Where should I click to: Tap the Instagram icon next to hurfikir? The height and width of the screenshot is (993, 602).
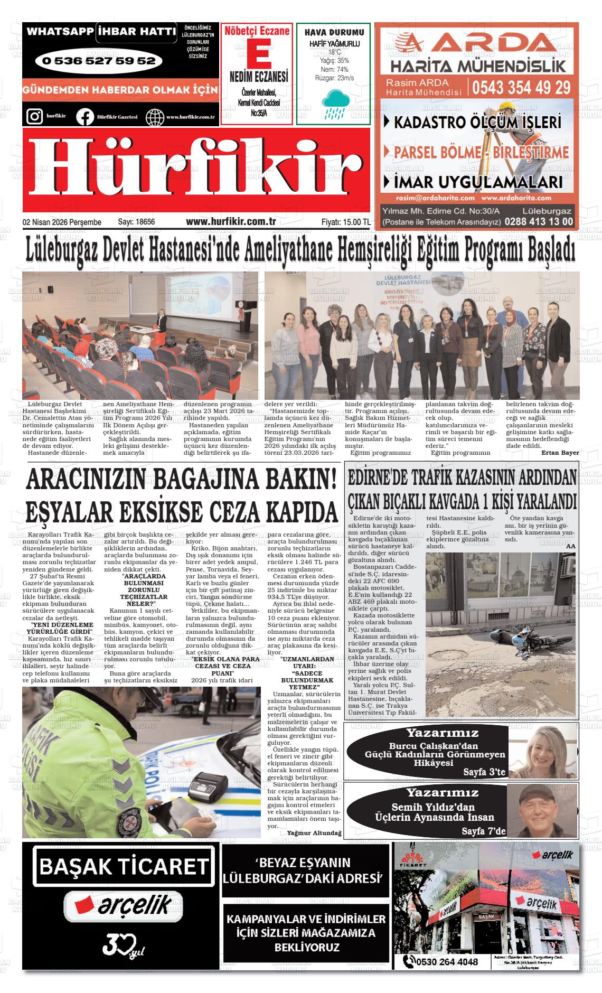tap(34, 116)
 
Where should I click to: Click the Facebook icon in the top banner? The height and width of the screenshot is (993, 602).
tap(84, 116)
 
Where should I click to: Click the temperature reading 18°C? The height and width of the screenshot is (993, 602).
tap(334, 53)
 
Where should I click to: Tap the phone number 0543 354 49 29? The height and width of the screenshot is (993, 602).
tap(521, 87)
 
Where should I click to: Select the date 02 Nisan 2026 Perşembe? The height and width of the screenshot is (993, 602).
tap(62, 222)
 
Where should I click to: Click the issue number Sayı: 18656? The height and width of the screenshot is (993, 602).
tap(136, 222)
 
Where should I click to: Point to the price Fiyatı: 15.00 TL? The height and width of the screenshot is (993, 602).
tap(345, 222)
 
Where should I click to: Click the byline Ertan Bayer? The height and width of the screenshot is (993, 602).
tap(560, 453)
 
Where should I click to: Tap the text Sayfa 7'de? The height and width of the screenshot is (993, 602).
tap(483, 831)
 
